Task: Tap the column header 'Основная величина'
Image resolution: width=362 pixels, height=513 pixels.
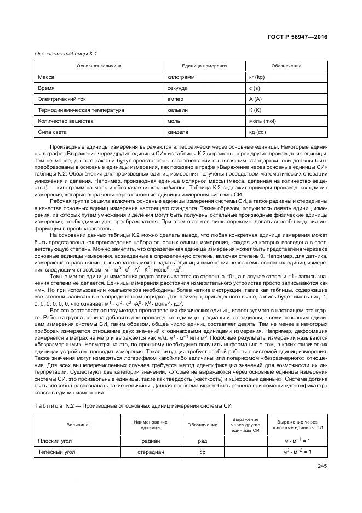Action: (100, 66)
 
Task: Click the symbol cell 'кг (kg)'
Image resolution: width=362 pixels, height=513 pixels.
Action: (257, 77)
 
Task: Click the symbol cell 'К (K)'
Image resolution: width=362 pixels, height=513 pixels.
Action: (255, 110)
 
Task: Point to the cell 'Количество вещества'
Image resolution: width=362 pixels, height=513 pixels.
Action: (62, 121)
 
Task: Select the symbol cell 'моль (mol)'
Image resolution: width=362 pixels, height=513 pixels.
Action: (262, 121)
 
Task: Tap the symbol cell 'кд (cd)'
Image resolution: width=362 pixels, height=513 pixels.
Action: (257, 132)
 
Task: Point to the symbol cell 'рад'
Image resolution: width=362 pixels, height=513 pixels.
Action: (202, 441)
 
